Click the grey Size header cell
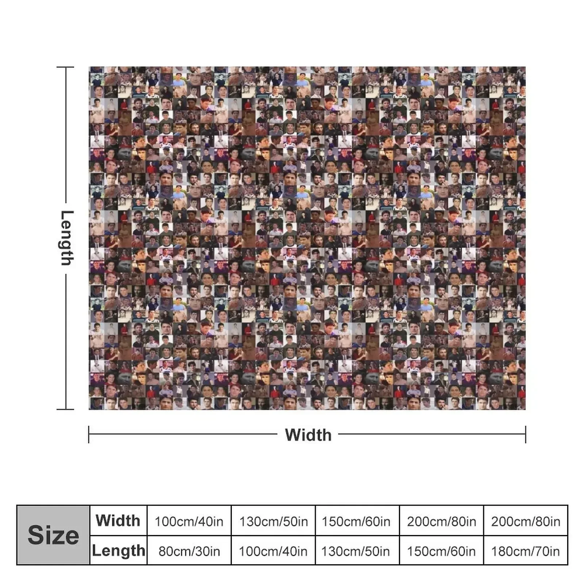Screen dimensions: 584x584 (53, 535)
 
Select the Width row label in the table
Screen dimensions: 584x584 (118, 520)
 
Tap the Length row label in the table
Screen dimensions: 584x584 (118, 550)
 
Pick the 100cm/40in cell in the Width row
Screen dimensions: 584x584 (189, 521)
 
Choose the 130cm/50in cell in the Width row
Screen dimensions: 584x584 (273, 521)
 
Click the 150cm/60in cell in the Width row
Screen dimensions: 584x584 (356, 521)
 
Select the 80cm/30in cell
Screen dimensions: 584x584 (189, 551)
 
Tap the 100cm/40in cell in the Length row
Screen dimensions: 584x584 (273, 551)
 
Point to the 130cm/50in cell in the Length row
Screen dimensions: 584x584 (356, 551)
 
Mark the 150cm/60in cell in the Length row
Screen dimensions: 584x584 (441, 551)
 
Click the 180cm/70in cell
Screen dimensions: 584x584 (525, 551)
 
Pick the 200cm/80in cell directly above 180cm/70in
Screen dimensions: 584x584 (525, 521)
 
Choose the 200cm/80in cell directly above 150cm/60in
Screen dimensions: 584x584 (441, 521)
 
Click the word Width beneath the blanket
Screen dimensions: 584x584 (308, 435)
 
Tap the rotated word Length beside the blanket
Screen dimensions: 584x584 (67, 238)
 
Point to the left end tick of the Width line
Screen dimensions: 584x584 (89, 434)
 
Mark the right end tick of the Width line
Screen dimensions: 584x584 (526, 434)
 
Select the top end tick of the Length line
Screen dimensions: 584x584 (66, 67)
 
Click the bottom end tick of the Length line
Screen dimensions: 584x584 (66, 409)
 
